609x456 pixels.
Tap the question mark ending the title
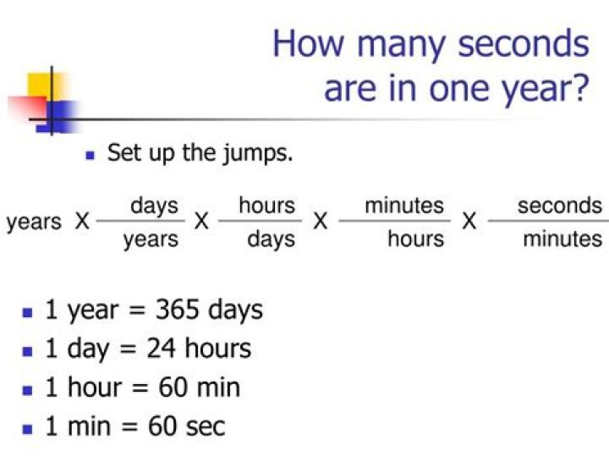tap(578, 87)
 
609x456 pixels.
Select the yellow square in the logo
tap(44, 87)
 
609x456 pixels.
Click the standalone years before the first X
tap(34, 223)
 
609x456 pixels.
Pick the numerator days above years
tap(154, 206)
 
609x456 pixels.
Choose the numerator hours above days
tap(266, 206)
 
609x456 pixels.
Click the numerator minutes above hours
tap(404, 206)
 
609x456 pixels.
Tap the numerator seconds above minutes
tap(560, 206)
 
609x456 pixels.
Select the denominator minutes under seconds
tap(562, 239)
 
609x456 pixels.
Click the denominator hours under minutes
tap(415, 239)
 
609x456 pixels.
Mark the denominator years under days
tap(151, 239)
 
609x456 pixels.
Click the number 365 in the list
tap(178, 310)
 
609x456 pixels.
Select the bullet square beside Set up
tap(91, 156)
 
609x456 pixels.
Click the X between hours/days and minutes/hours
tap(321, 223)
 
